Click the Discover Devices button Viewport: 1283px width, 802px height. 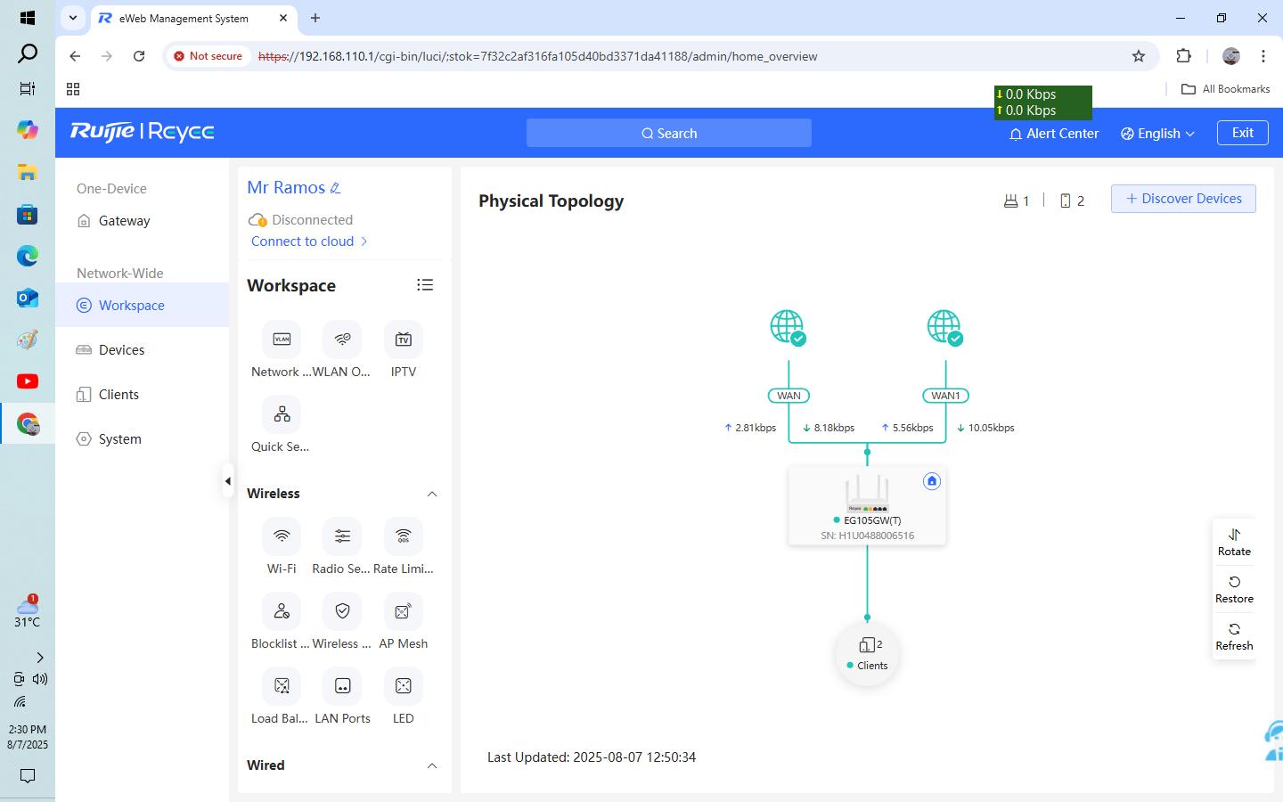pos(1183,198)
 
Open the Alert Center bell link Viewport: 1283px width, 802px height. pos(1054,134)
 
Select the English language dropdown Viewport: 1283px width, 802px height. pos(1157,134)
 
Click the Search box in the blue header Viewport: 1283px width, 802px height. pos(668,133)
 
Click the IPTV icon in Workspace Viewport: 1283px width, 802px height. pos(404,340)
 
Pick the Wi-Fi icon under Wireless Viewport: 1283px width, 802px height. pos(282,536)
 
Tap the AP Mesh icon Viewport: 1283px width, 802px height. pos(404,611)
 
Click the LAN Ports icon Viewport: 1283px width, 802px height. pos(342,686)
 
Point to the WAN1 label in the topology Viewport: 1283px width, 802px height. pos(945,396)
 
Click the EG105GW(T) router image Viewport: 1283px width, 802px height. pos(867,493)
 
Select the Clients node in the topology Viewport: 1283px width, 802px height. pos(867,653)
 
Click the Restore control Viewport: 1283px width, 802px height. pos(1234,590)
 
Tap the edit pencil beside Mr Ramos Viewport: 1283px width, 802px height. pos(336,188)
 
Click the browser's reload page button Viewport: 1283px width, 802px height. pos(139,56)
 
